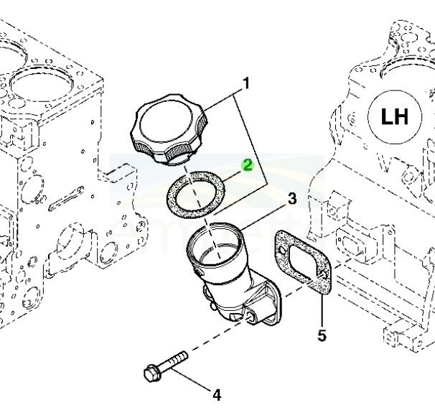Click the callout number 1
[x=245, y=83]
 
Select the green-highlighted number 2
[x=247, y=165]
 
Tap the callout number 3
[x=292, y=199]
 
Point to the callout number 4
[x=217, y=395]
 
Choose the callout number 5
[x=322, y=335]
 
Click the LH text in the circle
[x=395, y=116]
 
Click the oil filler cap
[x=169, y=130]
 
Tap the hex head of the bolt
[x=153, y=373]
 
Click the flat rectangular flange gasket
[x=302, y=262]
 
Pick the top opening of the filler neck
[x=214, y=243]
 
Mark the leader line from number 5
[x=322, y=312]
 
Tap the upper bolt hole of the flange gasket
[x=282, y=251]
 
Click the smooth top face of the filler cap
[x=167, y=121]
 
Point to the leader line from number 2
[x=232, y=176]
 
